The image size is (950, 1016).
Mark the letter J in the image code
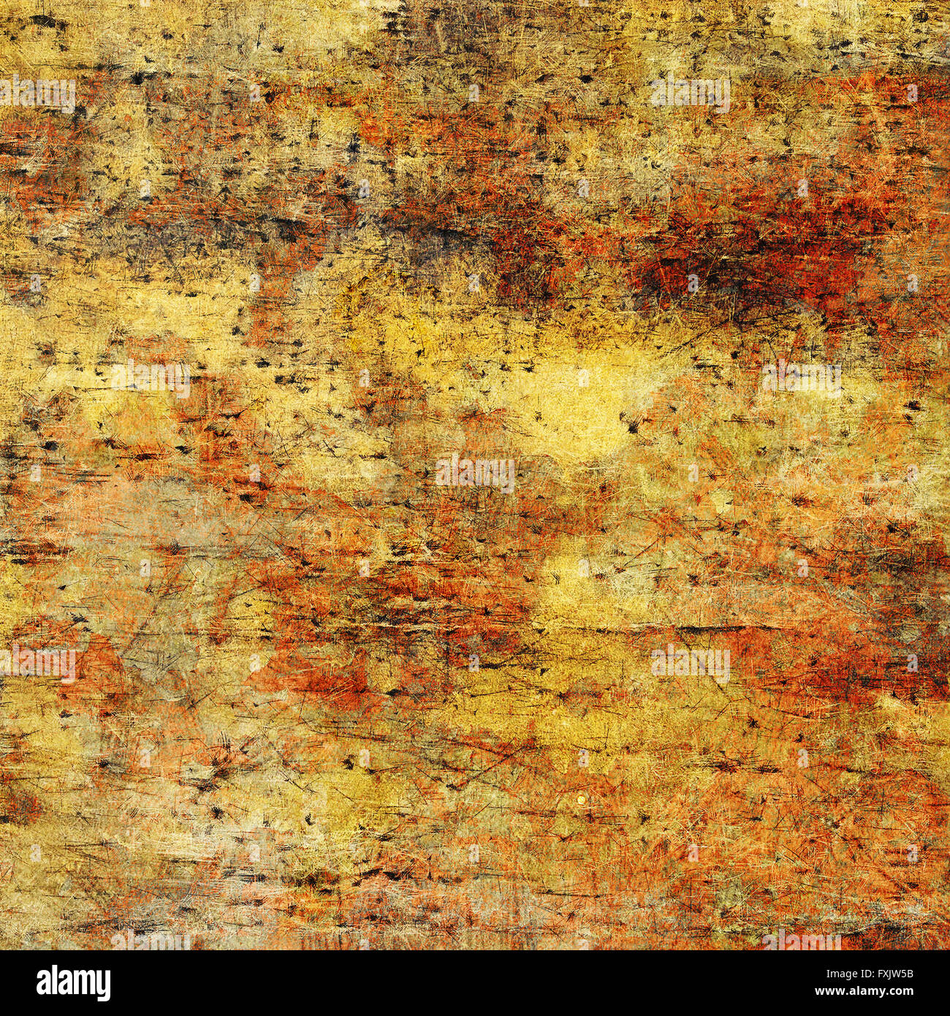tap(892, 974)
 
